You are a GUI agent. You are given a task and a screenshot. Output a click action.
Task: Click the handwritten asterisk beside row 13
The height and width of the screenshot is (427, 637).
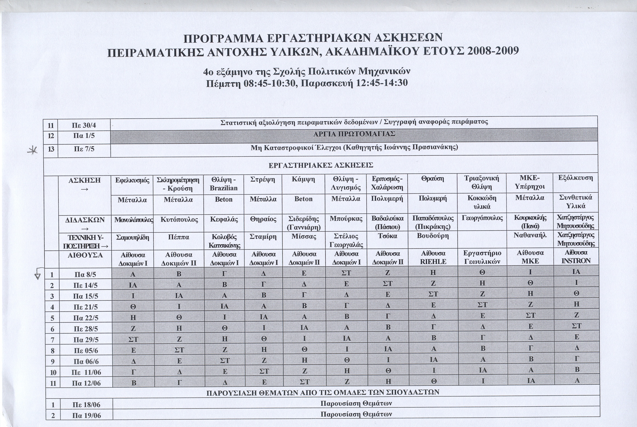33,150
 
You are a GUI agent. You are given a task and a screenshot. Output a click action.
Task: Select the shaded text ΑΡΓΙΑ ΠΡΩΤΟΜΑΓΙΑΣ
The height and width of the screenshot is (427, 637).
354,134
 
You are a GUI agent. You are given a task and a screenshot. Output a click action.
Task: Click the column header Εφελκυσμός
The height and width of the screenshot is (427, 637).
132,180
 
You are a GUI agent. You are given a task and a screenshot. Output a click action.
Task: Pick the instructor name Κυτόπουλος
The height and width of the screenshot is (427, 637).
179,219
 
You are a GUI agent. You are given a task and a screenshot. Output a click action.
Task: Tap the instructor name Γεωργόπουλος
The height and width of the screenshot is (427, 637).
482,218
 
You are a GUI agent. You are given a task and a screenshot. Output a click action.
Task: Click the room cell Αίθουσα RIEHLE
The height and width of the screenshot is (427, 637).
433,257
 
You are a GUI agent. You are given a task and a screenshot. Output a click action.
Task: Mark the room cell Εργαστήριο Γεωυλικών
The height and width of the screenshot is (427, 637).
482,257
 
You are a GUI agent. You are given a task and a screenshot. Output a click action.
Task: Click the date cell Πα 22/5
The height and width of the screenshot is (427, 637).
86,318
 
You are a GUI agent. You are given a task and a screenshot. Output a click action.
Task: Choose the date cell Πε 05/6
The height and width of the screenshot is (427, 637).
86,351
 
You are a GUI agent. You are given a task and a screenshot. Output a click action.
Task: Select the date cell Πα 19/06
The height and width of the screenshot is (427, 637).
86,415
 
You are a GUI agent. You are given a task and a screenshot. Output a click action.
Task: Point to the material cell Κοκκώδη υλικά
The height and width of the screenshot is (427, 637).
482,202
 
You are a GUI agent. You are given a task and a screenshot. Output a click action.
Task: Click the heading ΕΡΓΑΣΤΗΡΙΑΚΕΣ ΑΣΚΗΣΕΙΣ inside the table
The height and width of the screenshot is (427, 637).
321,165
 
